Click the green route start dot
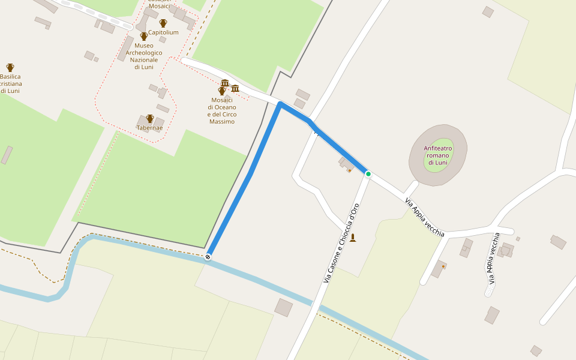[368, 174]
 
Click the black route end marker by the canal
[208, 257]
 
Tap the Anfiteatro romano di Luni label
[437, 155]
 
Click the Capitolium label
[163, 32]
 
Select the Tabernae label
[150, 128]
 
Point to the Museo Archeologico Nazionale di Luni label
[144, 56]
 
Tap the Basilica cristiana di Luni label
[10, 83]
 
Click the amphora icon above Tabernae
[150, 119]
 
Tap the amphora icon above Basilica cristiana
[10, 68]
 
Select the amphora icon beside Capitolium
[163, 23]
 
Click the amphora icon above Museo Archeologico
[144, 37]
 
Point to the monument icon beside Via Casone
[353, 238]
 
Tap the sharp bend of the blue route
[280, 104]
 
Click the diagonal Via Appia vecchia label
[425, 217]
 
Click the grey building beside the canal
[283, 308]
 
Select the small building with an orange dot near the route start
[346, 164]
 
